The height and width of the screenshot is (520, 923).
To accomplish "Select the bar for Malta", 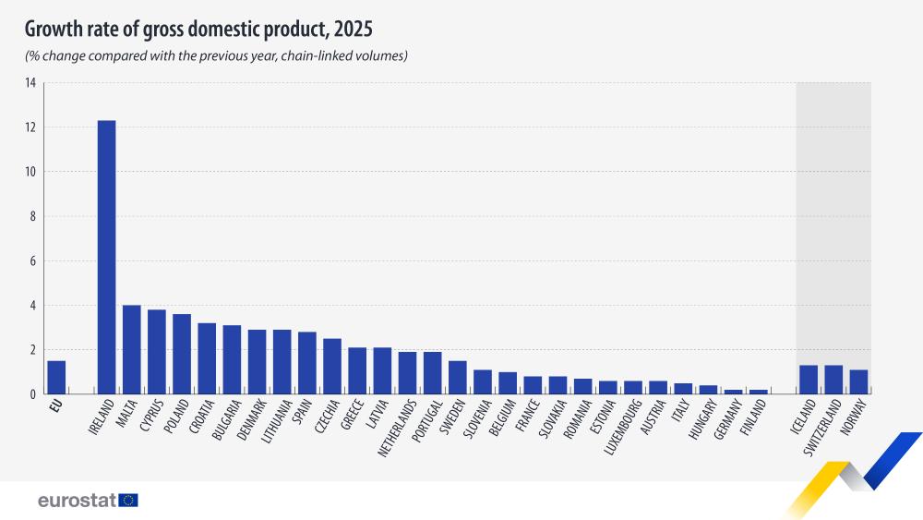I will click(x=131, y=350).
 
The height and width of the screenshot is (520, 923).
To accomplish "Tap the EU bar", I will click(x=56, y=378).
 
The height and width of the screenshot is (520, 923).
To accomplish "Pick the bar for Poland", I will click(x=182, y=355).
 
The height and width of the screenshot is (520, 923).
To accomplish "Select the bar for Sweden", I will click(x=457, y=378).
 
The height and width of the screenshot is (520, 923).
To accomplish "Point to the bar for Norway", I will click(x=858, y=382).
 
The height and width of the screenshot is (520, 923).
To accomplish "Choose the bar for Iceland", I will click(x=809, y=380).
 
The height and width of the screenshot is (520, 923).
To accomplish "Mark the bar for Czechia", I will click(x=332, y=367).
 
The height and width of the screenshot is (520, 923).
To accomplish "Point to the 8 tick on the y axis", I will click(x=32, y=216).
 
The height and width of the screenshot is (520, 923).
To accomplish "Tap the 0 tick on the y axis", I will click(x=32, y=394).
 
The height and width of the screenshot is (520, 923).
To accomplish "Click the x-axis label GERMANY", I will click(x=725, y=423).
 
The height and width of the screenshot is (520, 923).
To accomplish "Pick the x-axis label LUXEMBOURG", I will click(x=624, y=429).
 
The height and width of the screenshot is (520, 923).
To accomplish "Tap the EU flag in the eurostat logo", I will click(x=128, y=500).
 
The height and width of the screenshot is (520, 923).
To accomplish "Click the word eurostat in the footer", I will click(x=77, y=500).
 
